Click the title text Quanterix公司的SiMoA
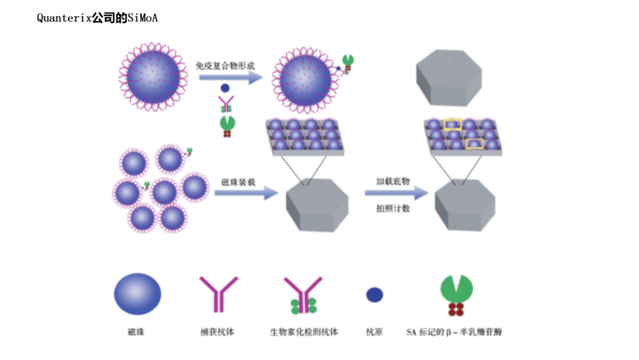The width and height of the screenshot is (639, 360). pos(97,18)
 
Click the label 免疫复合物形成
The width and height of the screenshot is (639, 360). pos(225,66)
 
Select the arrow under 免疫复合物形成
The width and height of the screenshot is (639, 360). pos(231,78)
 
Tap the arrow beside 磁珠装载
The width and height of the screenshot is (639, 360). pos(246,193)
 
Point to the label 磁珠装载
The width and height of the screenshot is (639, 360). pos(238,182)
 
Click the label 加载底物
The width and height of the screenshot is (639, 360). pos(393,181)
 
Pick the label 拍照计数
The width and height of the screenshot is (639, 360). pos(393,208)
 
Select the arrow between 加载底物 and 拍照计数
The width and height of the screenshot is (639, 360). pos(396,193)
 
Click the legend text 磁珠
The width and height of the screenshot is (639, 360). pos(136,332)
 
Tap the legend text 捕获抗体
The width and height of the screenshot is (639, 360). pos(217,332)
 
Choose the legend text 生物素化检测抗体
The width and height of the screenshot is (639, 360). pos(304,332)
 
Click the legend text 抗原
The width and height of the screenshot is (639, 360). pos(374,332)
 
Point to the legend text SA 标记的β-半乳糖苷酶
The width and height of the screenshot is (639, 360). pos(454,332)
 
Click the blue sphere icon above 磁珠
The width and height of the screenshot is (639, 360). pos(137,294)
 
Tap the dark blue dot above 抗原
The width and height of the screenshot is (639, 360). pos(375,295)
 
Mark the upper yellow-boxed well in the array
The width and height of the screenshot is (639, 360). pos(453,124)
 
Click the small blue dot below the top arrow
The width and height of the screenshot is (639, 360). pos(225,88)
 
